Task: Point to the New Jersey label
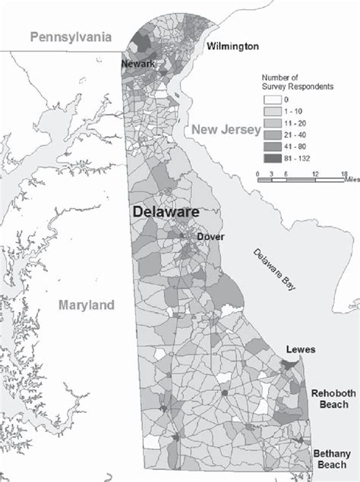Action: tap(225, 131)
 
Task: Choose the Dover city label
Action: tap(210, 236)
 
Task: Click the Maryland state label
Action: tap(86, 305)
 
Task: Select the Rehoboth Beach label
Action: tap(331, 399)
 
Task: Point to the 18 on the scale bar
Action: tap(343, 174)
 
